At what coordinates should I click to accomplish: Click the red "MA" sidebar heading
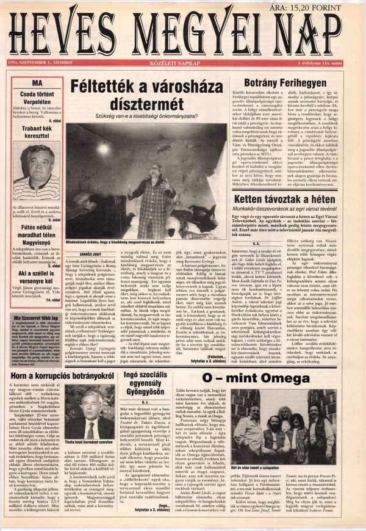coord(38,82)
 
